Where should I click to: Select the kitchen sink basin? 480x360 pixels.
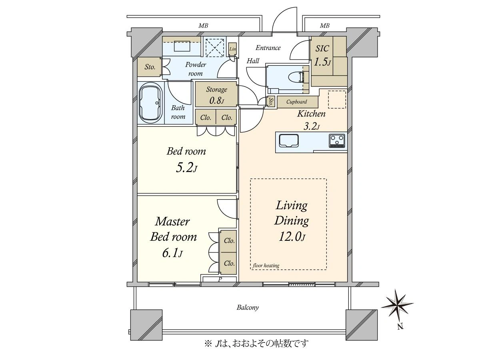click(x=289, y=141)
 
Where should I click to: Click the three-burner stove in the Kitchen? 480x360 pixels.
click(x=337, y=140)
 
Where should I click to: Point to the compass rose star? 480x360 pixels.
click(x=397, y=304)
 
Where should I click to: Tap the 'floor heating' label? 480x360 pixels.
click(x=266, y=266)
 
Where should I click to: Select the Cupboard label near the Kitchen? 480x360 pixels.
click(x=296, y=102)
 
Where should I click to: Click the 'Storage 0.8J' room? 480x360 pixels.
click(x=216, y=94)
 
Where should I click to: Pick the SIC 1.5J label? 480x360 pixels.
click(x=322, y=55)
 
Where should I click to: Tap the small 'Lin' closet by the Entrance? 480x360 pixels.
click(x=232, y=49)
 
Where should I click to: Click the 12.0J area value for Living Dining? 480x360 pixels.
click(x=292, y=236)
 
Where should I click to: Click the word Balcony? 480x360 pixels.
click(x=248, y=308)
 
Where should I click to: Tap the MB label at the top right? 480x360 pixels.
click(x=324, y=26)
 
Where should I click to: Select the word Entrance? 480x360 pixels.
click(x=268, y=48)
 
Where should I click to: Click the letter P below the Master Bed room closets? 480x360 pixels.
click(x=220, y=279)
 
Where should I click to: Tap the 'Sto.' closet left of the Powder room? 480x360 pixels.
click(x=149, y=67)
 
